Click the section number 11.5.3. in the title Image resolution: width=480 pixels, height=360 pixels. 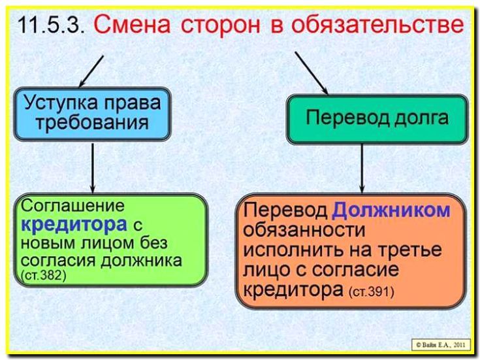tap(50, 26)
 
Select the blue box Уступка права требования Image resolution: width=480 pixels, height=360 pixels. tap(92, 112)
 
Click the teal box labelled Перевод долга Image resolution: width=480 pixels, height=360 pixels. tap(377, 119)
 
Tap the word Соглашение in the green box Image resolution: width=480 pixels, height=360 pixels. tap(73, 206)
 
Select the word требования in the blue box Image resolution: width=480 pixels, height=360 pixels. tap(92, 123)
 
